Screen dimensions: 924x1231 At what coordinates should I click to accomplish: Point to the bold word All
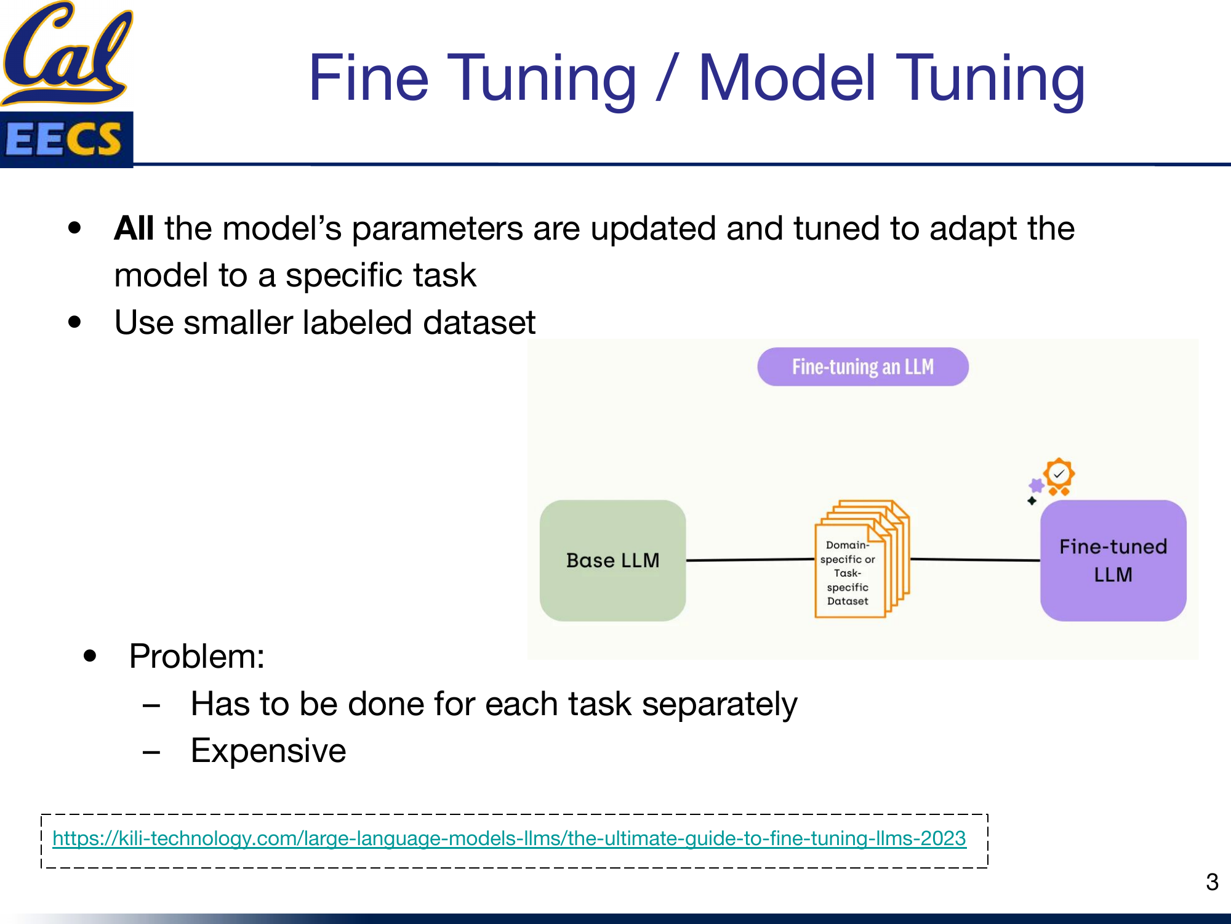click(134, 229)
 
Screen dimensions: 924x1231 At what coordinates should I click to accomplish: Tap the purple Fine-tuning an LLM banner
click(862, 367)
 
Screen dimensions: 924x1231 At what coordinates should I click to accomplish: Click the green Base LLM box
click(612, 560)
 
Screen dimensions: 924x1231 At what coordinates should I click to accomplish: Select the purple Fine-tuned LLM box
click(1113, 560)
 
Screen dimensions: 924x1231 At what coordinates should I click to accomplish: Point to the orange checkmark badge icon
click(1059, 476)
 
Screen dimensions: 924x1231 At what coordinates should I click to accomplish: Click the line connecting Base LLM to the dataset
click(750, 560)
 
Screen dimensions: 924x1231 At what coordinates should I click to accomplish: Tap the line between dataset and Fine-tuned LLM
click(975, 560)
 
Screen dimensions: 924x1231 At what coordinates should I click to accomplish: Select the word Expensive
click(268, 751)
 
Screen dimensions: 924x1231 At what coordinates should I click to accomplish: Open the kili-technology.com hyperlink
click(509, 838)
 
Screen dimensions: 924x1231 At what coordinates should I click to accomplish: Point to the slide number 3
click(1212, 882)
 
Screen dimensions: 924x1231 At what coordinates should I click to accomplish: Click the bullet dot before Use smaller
click(75, 322)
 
